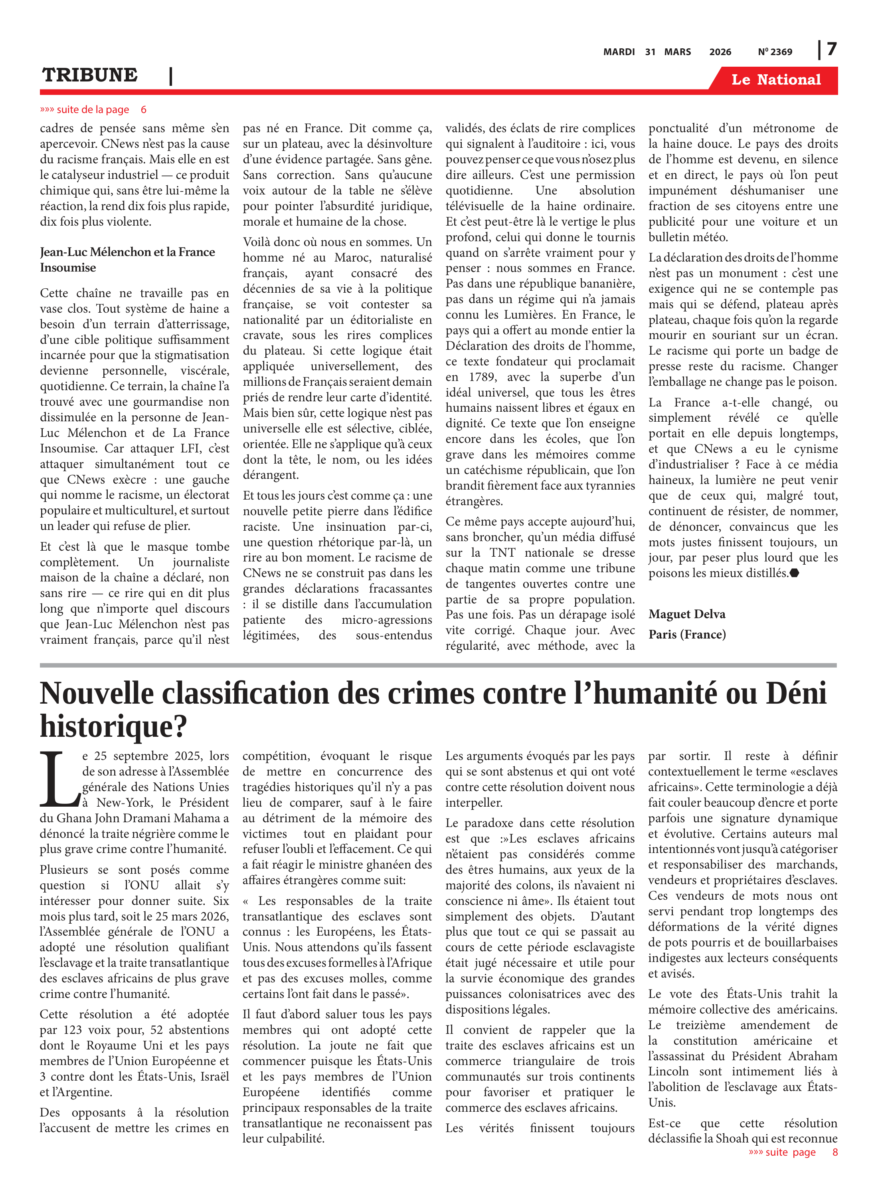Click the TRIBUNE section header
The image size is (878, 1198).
[90, 75]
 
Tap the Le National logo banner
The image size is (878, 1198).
[775, 80]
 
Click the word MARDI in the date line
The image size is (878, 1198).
[619, 52]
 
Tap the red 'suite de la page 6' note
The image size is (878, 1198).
[93, 109]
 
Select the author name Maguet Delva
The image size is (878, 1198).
[687, 614]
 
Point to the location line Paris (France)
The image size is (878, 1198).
[687, 635]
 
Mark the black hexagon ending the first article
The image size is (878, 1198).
[794, 573]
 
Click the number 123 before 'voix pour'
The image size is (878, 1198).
[72, 1030]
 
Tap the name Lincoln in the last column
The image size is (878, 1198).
[668, 1071]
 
